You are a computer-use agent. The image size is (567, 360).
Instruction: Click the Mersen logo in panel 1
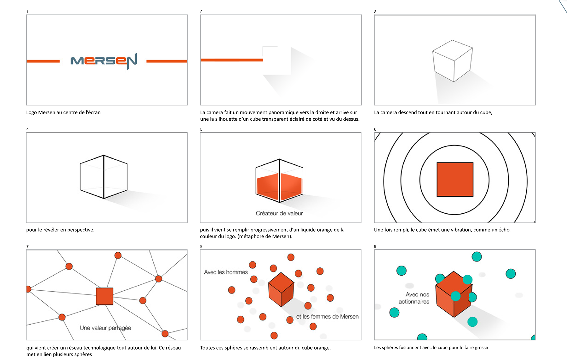coord(104,61)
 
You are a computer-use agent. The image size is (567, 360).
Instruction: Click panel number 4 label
coord(27,129)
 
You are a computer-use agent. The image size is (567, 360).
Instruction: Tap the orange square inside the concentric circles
coord(455,179)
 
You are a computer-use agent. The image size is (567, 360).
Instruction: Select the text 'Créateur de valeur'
coord(279,213)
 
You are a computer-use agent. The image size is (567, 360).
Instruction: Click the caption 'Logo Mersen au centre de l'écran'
coord(63,112)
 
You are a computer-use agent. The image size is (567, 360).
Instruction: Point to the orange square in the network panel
coord(105,296)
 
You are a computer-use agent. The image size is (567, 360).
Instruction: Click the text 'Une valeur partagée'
coord(105,328)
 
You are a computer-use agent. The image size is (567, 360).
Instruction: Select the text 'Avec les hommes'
coord(226,272)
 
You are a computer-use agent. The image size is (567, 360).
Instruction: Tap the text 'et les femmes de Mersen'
coord(327,317)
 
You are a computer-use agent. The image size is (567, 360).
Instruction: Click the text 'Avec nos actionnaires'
coord(414,298)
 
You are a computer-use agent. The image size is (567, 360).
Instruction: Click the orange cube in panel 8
coord(281,289)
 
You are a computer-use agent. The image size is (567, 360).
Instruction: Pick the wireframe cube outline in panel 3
coord(452,61)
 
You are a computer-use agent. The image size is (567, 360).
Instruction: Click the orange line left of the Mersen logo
coord(43,61)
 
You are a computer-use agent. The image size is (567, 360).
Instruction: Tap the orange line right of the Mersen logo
coord(167,61)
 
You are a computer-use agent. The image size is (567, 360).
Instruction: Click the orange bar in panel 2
coord(232,60)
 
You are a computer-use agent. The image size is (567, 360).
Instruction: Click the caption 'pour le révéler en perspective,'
coord(60,230)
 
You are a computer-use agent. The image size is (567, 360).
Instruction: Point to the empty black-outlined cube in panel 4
coord(104,177)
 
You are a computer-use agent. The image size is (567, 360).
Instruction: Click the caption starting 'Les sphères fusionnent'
coord(431,348)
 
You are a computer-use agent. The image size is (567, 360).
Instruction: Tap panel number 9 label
coord(375,246)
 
